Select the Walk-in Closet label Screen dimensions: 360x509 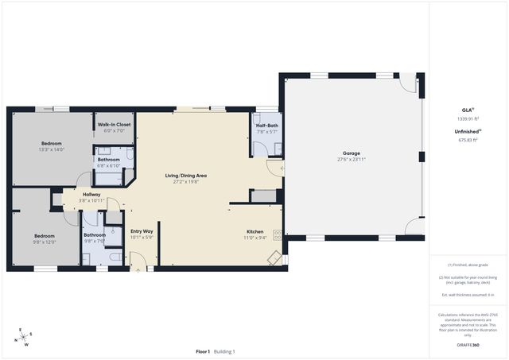(115, 125)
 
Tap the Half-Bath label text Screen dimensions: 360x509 (266, 126)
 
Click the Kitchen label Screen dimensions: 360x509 (255, 231)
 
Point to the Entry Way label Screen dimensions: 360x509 (142, 231)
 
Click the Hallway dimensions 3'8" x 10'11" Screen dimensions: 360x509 (91, 200)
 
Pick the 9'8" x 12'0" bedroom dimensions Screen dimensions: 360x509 (45, 242)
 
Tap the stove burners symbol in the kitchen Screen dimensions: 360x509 (278, 234)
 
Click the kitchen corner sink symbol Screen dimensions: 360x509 (273, 257)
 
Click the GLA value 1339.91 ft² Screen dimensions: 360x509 (468, 118)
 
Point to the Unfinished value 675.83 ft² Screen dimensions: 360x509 (468, 139)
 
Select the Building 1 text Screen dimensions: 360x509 (223, 351)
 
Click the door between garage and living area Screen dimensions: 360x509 (281, 168)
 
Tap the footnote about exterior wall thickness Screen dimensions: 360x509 (468, 295)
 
